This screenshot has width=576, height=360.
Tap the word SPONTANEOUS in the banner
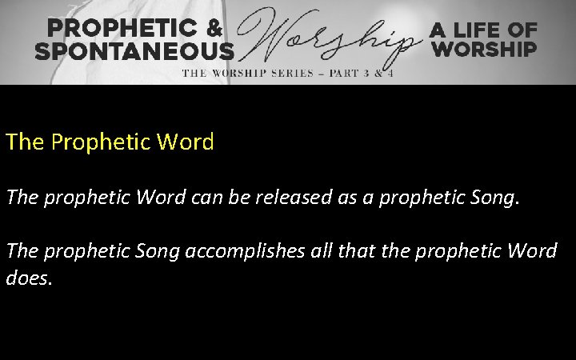[134, 50]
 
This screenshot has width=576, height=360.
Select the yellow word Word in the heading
[186, 142]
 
